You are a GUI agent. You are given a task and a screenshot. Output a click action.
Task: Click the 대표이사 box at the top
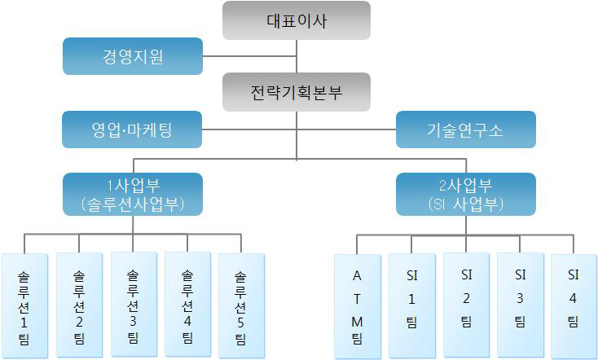(297, 20)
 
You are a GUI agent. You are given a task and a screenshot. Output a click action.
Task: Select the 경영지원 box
(133, 56)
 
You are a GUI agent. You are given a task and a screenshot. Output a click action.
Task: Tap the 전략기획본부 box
(297, 92)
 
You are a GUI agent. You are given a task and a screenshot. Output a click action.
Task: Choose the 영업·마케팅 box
(133, 129)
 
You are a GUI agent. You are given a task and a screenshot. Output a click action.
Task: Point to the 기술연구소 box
(465, 129)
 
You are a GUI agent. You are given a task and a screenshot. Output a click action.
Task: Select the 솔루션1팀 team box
(24, 306)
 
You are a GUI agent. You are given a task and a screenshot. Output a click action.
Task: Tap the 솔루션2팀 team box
(79, 305)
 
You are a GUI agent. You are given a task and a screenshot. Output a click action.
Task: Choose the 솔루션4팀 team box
(187, 305)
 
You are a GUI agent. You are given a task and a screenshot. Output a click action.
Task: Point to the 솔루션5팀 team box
(242, 306)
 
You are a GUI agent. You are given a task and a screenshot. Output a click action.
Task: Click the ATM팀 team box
(357, 306)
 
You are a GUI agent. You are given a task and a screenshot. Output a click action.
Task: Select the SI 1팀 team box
(411, 306)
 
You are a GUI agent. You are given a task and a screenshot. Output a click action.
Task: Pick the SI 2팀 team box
(466, 305)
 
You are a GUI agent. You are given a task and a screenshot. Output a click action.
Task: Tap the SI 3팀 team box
(520, 305)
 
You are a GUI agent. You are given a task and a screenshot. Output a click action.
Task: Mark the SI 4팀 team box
(574, 306)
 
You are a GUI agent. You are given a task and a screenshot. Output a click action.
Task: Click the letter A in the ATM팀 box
(357, 275)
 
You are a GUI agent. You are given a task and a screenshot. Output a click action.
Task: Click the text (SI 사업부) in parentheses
(466, 204)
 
